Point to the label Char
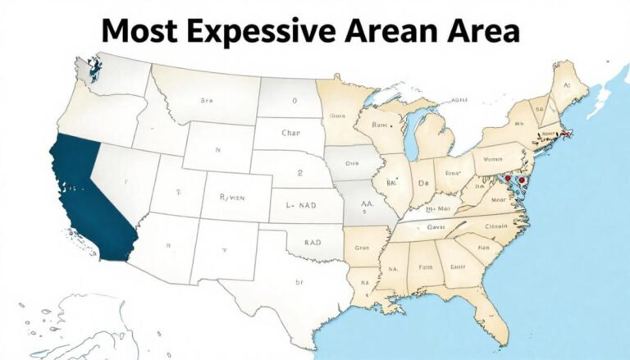click(292, 131)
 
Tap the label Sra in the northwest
click(206, 101)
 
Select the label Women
click(492, 160)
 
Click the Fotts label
click(426, 266)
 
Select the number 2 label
click(300, 173)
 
